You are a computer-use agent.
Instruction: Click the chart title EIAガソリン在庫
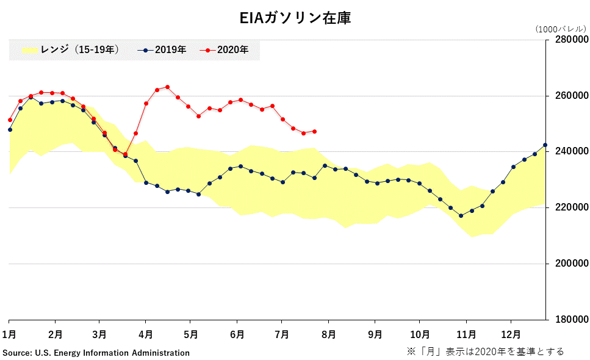pyautogui.click(x=295, y=18)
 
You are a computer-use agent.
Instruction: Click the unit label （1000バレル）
pyautogui.click(x=560, y=29)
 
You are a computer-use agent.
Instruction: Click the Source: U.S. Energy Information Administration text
pyautogui.click(x=96, y=353)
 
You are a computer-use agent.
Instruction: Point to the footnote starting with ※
pyautogui.click(x=485, y=351)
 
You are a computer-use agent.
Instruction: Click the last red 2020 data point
pyautogui.click(x=314, y=131)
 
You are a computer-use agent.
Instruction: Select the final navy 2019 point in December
pyautogui.click(x=545, y=145)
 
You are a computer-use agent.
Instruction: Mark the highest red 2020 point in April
pyautogui.click(x=168, y=87)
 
